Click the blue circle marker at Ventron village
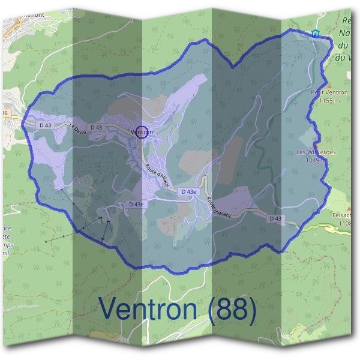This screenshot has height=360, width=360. [x=142, y=131]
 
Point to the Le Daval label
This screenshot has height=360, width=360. [x=79, y=130]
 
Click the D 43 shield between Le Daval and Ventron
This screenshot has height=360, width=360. [x=96, y=127]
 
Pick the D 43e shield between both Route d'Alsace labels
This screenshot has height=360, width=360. [x=188, y=191]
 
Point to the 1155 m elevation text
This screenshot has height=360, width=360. [x=330, y=100]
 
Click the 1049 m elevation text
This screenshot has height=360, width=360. [x=316, y=160]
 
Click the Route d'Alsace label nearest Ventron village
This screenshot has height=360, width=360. [x=157, y=174]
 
